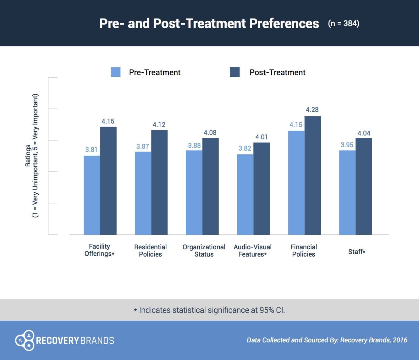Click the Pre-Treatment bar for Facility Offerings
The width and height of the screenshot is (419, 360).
[92, 195]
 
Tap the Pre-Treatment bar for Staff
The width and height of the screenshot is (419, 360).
[347, 192]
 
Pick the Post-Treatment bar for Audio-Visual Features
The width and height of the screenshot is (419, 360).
[262, 189]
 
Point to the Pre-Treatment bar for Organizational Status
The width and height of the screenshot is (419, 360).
[194, 192]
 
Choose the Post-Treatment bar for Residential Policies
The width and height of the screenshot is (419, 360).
[159, 182]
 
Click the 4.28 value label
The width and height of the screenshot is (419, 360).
[312, 110]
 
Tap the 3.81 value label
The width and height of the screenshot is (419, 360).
[91, 150]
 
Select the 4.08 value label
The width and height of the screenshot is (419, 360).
[210, 133]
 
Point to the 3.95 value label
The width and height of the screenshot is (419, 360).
[347, 145]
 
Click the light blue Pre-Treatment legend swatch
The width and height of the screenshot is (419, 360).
[115, 72]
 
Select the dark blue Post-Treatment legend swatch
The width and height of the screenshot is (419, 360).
[234, 72]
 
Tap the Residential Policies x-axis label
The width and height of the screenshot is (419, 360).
[150, 251]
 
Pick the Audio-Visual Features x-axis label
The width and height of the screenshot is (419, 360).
[252, 251]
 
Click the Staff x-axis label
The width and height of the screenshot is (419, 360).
[356, 252]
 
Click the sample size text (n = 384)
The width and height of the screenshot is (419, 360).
[344, 24]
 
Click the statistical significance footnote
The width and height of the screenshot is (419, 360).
[209, 310]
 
